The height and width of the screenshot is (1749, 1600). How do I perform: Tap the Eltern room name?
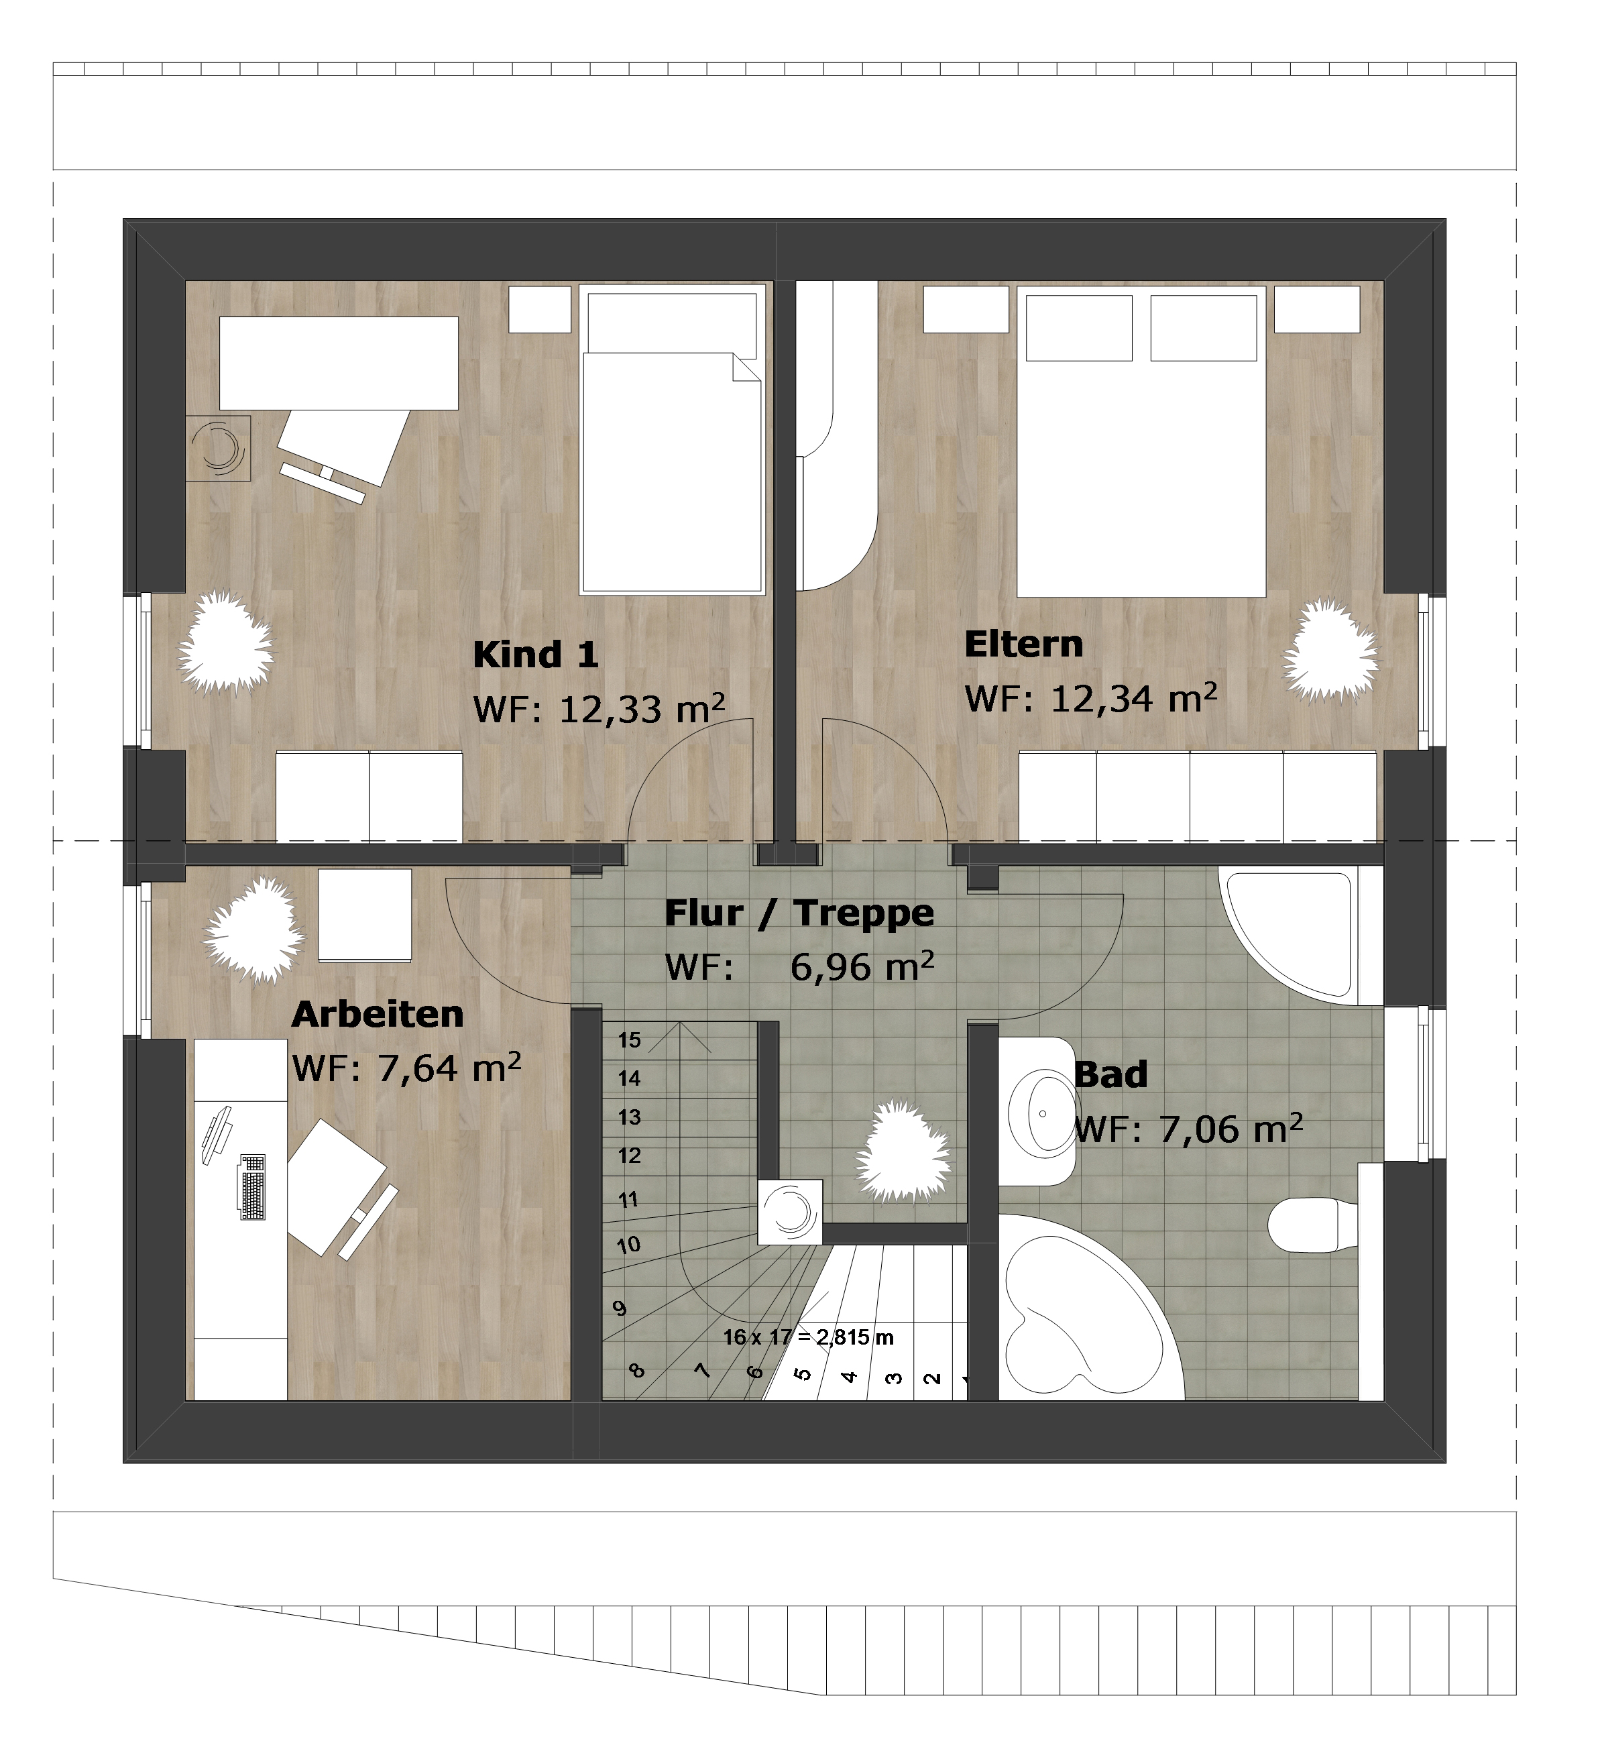coord(1024,644)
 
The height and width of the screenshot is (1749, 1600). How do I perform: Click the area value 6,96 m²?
coord(862,966)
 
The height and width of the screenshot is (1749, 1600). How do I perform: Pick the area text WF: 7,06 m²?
coord(1189,1129)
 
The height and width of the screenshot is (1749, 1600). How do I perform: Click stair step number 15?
coord(629,1040)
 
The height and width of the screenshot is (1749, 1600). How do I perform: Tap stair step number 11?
coord(628,1200)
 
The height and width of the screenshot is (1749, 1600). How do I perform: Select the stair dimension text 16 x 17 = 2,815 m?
coord(809,1337)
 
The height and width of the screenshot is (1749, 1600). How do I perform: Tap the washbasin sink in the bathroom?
coord(1042,1112)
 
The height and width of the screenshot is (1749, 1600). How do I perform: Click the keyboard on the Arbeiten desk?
coord(253,1187)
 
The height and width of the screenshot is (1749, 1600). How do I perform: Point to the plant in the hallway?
coord(903,1152)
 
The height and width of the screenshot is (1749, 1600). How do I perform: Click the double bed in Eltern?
coord(1142,441)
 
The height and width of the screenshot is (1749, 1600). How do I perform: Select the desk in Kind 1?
coord(339,363)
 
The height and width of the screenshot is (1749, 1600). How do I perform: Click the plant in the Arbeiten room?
coord(253,930)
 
